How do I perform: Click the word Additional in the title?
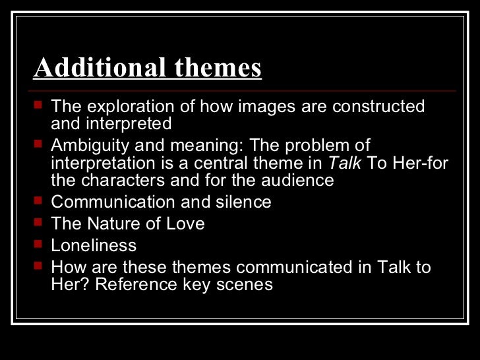90,68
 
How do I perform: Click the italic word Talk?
345,163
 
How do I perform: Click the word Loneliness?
94,245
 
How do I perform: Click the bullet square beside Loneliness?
37,245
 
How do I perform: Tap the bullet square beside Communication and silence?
37,201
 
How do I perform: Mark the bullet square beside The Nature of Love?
37,223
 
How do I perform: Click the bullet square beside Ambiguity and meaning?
37,144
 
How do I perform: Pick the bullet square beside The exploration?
37,105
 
